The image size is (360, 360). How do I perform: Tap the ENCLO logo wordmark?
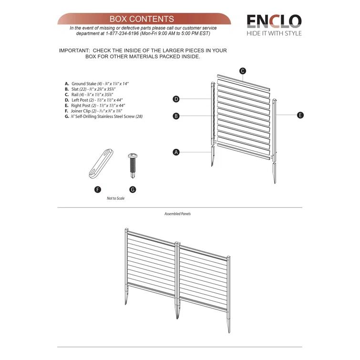pos(274,21)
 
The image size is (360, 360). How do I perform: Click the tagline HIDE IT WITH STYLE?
pos(274,33)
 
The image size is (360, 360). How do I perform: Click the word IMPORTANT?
pos(74,51)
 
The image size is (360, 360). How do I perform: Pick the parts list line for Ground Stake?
pos(97,83)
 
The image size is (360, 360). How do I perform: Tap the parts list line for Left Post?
pos(97,100)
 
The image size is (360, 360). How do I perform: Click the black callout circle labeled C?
pos(243,71)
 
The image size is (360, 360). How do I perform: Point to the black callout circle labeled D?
pos(176,99)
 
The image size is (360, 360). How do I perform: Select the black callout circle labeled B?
pos(176,116)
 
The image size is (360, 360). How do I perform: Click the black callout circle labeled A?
pos(176,152)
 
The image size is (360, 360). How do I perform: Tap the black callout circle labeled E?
pos(300,115)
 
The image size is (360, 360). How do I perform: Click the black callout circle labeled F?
pos(98,189)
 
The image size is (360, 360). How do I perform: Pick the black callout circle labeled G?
pos(133,189)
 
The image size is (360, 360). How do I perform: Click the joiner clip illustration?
pos(101,163)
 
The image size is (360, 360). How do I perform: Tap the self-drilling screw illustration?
pos(132,165)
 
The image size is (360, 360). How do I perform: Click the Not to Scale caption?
pos(115,198)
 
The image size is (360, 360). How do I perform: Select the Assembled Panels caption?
pos(177,214)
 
